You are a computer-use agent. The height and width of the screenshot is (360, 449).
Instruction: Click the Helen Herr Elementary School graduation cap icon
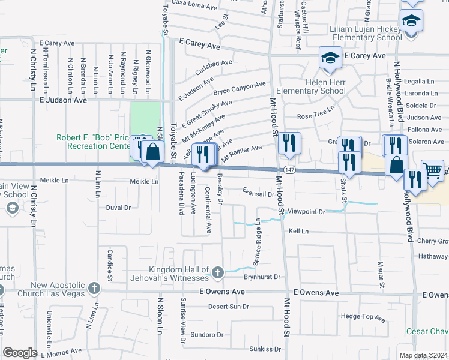coord(330,58)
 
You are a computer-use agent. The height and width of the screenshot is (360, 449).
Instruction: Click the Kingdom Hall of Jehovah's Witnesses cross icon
coord(217,273)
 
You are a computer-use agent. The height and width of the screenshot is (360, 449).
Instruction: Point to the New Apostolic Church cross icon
coord(94,289)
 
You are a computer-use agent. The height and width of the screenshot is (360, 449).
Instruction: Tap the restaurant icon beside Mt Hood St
coord(289,143)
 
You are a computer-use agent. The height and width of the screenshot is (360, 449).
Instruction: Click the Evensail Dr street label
coord(258,194)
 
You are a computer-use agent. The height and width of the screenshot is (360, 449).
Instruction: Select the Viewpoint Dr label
coord(306,212)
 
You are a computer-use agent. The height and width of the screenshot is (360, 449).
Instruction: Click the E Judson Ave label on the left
coord(63,100)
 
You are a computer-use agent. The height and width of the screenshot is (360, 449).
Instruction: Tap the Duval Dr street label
coord(118,208)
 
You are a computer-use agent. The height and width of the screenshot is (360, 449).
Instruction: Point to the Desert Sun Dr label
coord(228,307)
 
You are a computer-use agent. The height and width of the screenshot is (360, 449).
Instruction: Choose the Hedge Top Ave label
coord(363,317)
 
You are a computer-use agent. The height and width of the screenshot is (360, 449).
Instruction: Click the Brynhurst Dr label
coord(262,277)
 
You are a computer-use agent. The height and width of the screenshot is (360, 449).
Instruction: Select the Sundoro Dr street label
coord(206,334)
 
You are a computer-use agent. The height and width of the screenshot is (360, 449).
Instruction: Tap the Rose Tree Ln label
coord(316,114)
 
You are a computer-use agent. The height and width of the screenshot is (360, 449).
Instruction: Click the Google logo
coord(20,353)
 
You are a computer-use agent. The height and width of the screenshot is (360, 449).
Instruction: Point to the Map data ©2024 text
coord(424,355)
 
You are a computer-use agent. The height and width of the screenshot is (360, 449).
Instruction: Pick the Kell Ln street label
coord(298,231)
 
